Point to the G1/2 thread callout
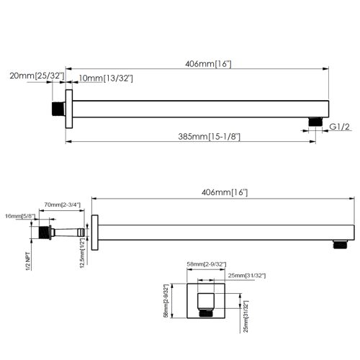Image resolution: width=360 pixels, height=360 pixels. coord(339,127)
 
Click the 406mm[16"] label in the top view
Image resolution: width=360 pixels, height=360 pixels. coord(202,64)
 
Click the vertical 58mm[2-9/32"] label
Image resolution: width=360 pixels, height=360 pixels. coord(165,300)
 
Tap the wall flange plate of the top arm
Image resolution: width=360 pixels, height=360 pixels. coord(68,109)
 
